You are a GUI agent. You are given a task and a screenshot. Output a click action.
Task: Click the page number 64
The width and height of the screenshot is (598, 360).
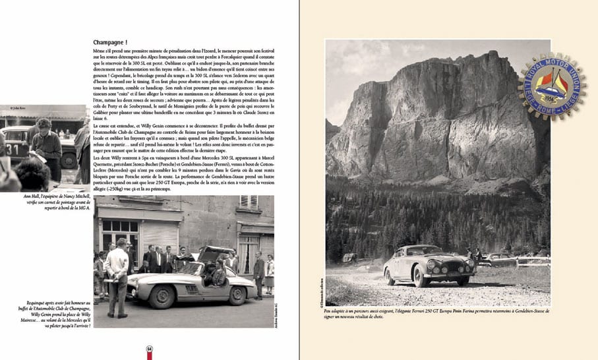[150, 347]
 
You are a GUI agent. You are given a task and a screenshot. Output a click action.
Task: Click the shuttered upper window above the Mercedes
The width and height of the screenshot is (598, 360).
[249, 202]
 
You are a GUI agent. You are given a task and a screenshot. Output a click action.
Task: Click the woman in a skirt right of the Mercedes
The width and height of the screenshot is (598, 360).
[270, 272]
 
